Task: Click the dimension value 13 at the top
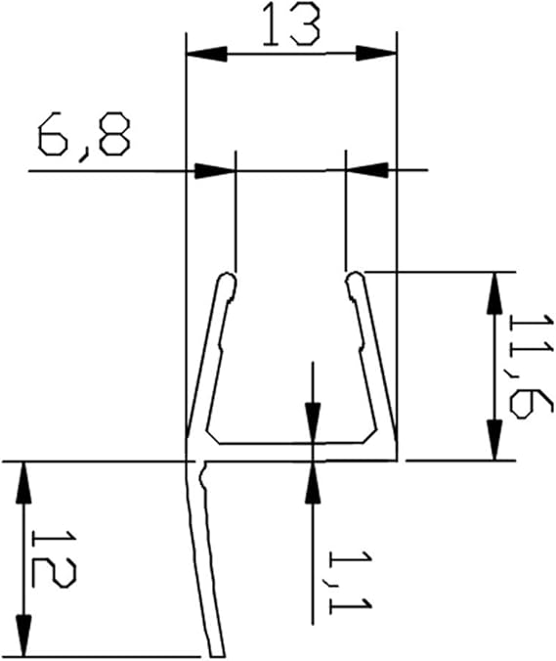pyautogui.click(x=291, y=25)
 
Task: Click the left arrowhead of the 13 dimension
pyautogui.click(x=207, y=54)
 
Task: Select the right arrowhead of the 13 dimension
pyautogui.click(x=376, y=54)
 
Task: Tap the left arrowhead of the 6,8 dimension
pyautogui.click(x=215, y=171)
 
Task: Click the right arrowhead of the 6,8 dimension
pyautogui.click(x=366, y=170)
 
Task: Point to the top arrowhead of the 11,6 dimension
pyautogui.click(x=494, y=293)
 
